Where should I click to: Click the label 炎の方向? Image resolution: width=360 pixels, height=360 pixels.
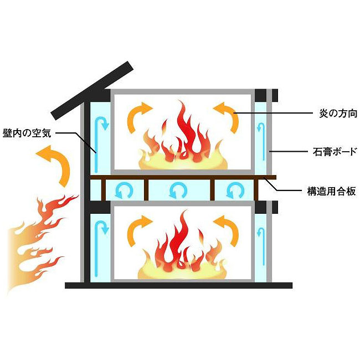[x=338, y=113]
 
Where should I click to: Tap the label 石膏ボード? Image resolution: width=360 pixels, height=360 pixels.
[x=335, y=152]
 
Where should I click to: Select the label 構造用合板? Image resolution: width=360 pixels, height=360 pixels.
[x=332, y=191]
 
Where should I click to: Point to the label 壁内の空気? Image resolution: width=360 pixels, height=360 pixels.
[x=27, y=133]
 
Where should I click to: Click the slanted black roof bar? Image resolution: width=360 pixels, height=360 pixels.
[x=92, y=90]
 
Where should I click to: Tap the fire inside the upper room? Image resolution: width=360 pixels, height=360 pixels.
[x=183, y=136]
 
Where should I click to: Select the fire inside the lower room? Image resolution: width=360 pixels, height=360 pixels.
[x=182, y=246]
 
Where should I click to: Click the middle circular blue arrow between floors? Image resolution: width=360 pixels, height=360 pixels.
[x=178, y=191]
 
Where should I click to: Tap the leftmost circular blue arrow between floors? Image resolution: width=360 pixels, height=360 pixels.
[x=124, y=191]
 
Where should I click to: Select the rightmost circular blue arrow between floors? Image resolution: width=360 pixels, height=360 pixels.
[x=235, y=191]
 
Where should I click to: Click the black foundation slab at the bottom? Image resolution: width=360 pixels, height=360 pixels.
[x=179, y=285]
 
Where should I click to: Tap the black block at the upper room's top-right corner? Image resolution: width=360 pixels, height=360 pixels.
[x=261, y=95]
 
